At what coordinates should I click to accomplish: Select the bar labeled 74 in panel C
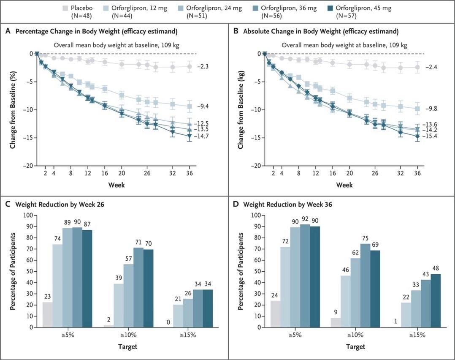click(57, 286)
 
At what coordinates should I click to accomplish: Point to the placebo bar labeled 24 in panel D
click(275, 314)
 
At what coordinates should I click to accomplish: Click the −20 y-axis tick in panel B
click(255, 166)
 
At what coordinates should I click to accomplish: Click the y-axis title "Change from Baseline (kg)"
click(241, 109)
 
